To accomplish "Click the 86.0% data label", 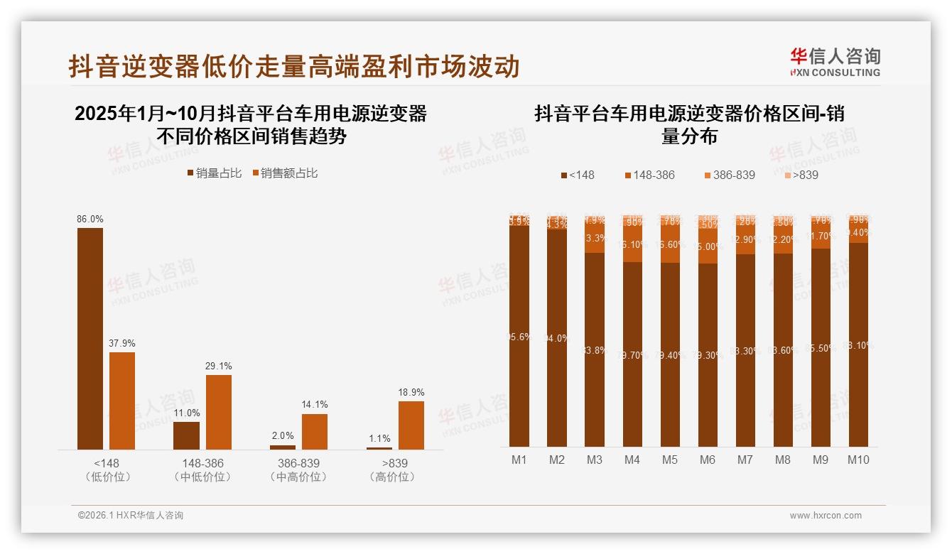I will (x=90, y=219).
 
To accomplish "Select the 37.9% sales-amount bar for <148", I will (x=122, y=401).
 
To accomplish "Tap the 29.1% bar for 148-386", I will (x=219, y=412).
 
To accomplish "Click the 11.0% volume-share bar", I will (x=186, y=435).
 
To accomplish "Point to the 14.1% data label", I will (x=315, y=405).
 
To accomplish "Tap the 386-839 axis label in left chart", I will (x=299, y=463).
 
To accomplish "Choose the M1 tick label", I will (x=519, y=460).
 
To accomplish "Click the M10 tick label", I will (x=858, y=460).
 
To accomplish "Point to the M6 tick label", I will (x=708, y=460).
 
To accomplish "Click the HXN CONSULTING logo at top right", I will (x=835, y=63).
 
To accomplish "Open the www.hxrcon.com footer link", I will (x=826, y=516).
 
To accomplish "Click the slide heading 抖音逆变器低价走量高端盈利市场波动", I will (x=294, y=66).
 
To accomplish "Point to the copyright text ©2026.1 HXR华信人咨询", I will (x=131, y=516).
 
